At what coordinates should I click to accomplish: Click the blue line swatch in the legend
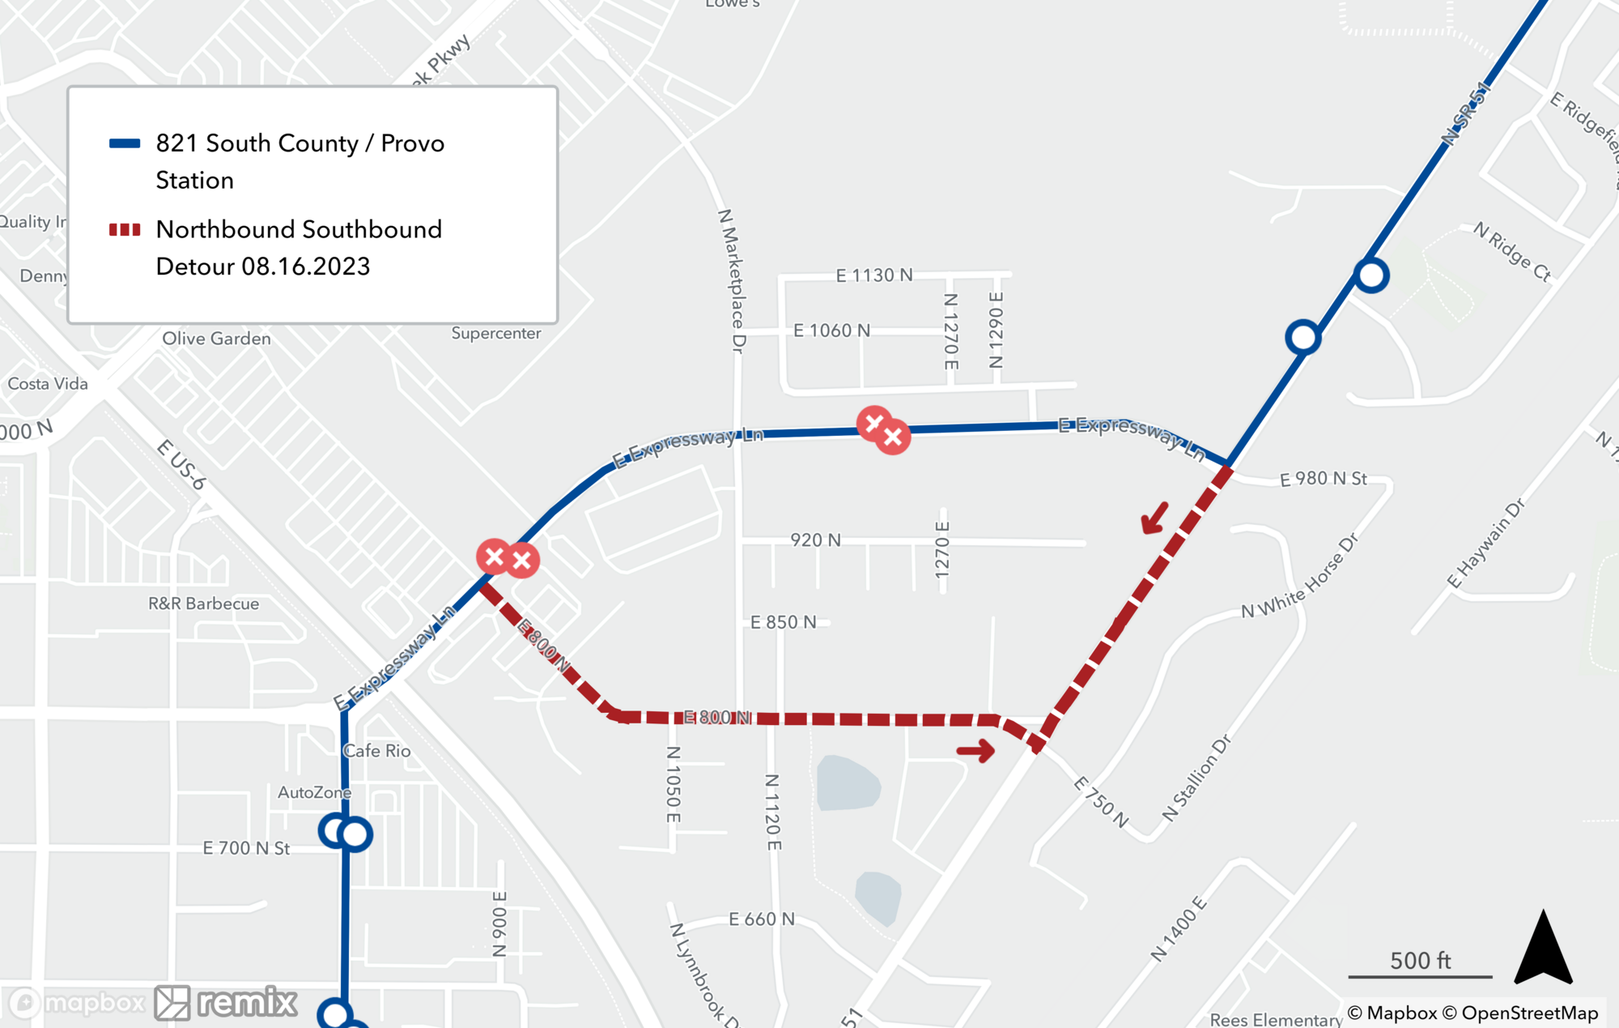[x=125, y=144]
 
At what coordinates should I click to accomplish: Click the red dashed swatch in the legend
[x=125, y=230]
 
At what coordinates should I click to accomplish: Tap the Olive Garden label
[x=216, y=339]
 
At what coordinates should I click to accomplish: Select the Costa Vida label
[x=48, y=384]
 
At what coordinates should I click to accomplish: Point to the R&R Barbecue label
[x=203, y=604]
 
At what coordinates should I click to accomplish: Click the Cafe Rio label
[x=377, y=751]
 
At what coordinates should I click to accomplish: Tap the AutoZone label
[x=314, y=792]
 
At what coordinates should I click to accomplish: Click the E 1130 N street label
[x=873, y=275]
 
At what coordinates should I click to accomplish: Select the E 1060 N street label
[x=831, y=331]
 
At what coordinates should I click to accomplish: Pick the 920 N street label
[x=815, y=540]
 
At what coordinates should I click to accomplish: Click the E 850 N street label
[x=783, y=622]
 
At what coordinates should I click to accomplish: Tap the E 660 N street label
[x=761, y=919]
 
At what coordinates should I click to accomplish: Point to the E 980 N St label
[x=1323, y=479]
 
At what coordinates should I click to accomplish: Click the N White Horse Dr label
[x=1299, y=577]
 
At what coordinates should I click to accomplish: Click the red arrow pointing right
[x=976, y=751]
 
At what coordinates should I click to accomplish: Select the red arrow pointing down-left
[x=1155, y=518]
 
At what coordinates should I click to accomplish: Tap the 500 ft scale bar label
[x=1420, y=961]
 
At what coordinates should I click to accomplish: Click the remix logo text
[x=247, y=1003]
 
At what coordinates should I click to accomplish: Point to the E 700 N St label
[x=246, y=848]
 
